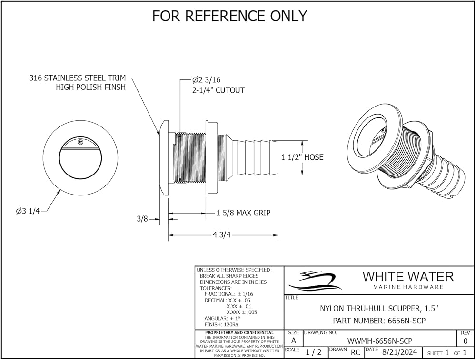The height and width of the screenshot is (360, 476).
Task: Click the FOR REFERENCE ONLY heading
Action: pos(229,16)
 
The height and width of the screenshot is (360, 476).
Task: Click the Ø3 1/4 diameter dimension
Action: pos(28,211)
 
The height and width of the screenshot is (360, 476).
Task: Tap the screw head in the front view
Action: pos(80,142)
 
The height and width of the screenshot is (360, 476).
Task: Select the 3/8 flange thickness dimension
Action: pos(142,219)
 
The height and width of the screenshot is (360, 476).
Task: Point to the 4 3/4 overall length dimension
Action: pos(222,235)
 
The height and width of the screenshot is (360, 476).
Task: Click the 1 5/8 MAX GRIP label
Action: pos(243,213)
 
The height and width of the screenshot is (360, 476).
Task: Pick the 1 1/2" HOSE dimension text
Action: pos(302,157)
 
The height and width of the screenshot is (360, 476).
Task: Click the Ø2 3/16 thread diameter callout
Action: pos(206,80)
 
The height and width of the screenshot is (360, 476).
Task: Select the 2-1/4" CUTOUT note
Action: pos(218,90)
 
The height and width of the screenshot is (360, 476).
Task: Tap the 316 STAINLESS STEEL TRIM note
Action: pos(78,78)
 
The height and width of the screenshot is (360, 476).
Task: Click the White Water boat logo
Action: pos(315,280)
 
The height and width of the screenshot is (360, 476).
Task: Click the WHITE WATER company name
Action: pos(408,277)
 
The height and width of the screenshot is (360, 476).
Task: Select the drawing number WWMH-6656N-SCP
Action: pos(380,341)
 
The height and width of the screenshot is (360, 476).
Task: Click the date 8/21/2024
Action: pos(400,352)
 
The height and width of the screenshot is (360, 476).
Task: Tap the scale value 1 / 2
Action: pos(314,352)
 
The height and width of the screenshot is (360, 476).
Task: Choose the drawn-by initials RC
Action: pos(356,353)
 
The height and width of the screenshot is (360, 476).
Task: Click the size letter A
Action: pos(294,341)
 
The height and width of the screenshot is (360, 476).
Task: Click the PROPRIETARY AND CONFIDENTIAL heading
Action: pos(239,333)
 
